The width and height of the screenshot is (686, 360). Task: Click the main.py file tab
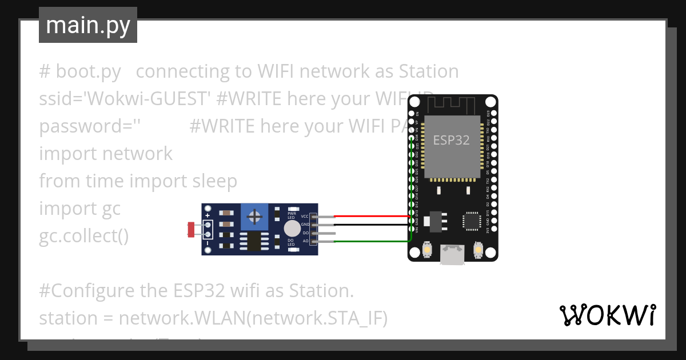point(87,25)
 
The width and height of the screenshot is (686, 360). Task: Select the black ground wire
point(372,225)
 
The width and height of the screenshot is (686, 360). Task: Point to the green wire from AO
point(372,242)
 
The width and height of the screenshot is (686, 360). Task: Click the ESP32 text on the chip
point(452,140)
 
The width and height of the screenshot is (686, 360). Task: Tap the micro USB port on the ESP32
point(452,255)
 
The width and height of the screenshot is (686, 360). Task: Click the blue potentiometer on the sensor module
point(254,217)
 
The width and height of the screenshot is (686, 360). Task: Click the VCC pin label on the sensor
point(305,217)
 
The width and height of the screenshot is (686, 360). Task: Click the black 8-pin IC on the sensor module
point(254,241)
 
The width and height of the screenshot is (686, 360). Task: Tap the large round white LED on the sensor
point(292,229)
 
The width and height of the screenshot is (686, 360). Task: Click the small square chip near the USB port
point(472,221)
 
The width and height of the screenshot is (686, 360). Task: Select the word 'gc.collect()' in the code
point(84,235)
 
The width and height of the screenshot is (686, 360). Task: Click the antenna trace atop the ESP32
point(452,104)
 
